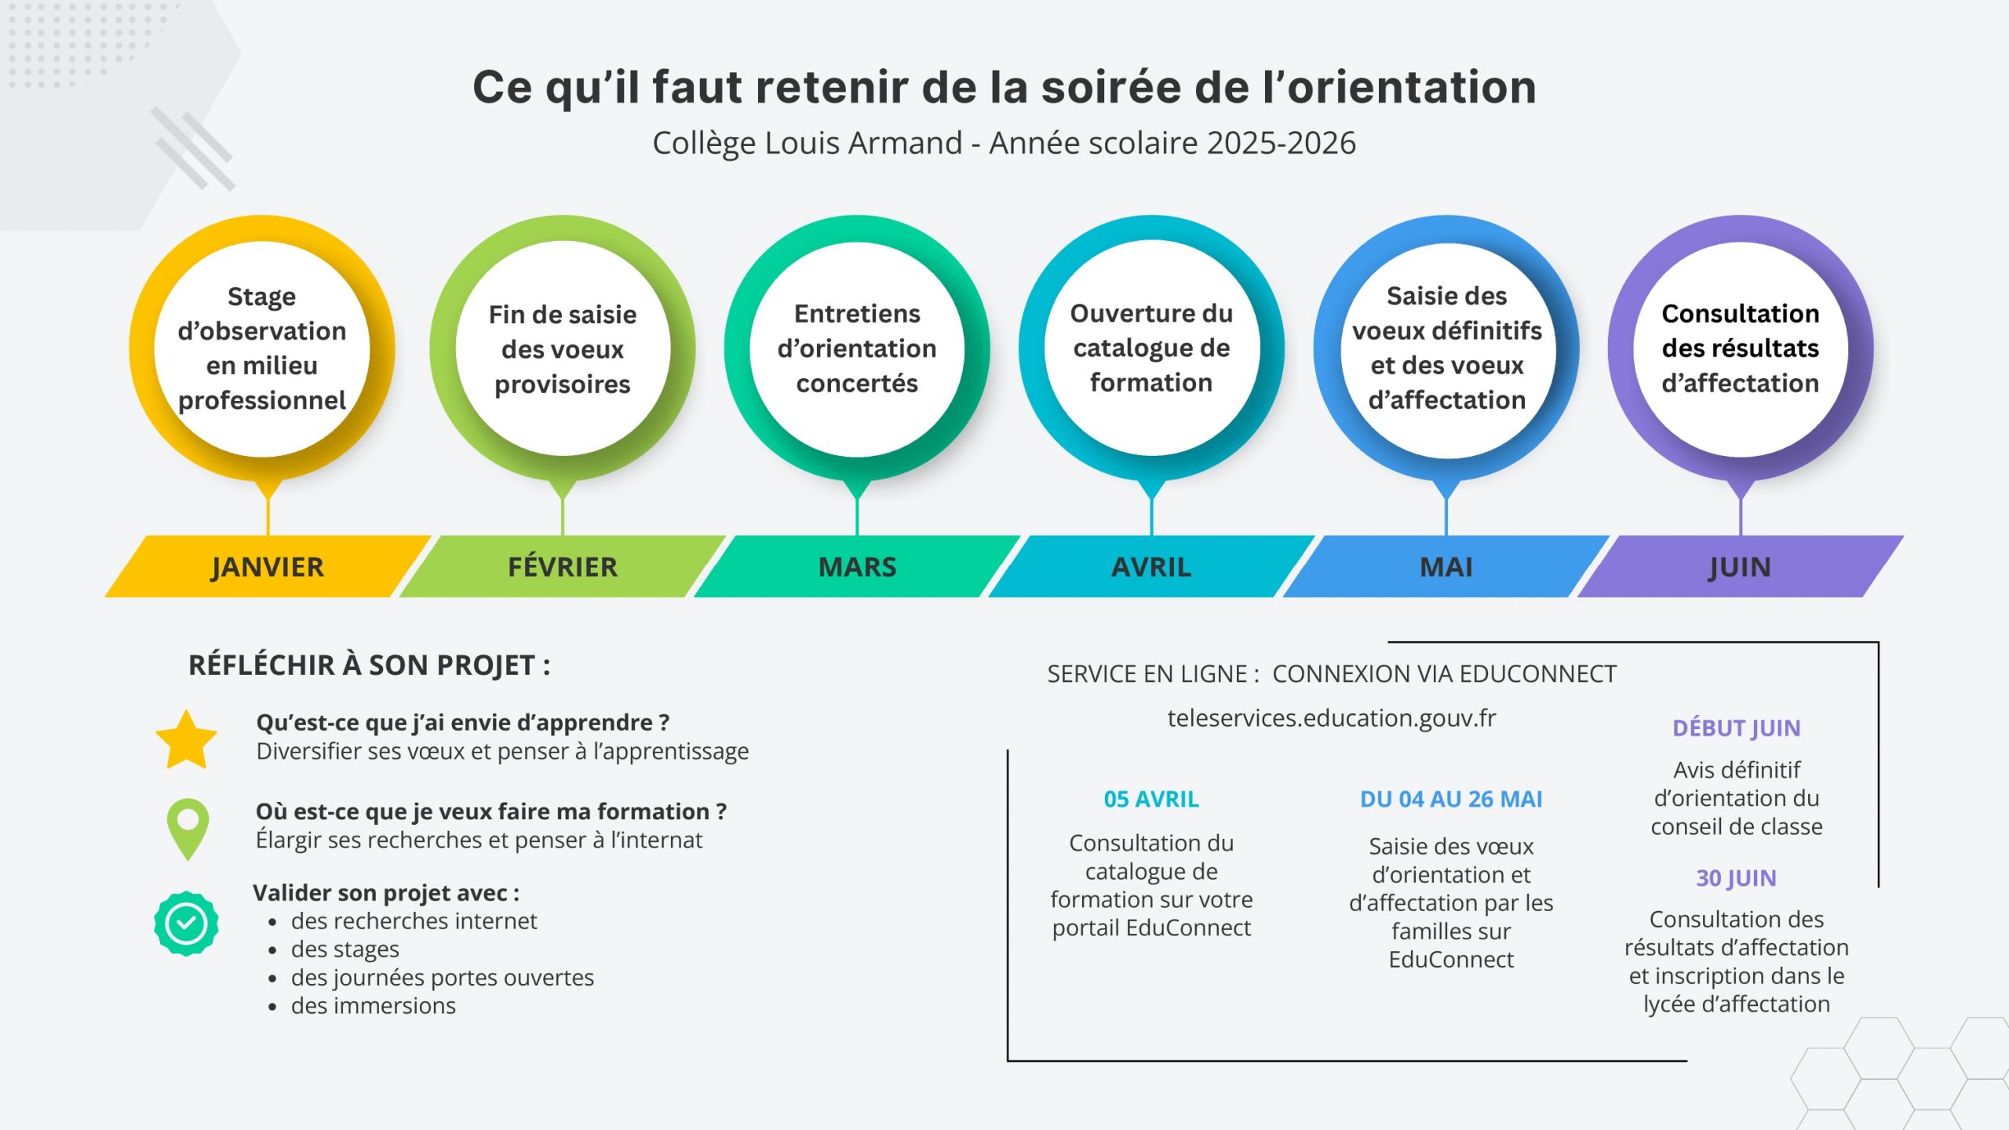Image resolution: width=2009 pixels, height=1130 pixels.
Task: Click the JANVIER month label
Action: pos(267,567)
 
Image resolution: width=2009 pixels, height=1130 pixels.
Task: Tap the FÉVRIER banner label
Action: pos(562,567)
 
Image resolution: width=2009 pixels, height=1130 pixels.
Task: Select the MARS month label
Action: pos(857,567)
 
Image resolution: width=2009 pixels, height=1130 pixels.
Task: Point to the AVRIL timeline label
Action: pos(1151,567)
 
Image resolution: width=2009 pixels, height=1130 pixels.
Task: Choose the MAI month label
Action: pos(1446,567)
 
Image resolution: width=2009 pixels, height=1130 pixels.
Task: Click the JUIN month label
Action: pos(1740,567)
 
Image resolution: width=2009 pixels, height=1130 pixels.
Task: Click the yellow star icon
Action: pos(186,739)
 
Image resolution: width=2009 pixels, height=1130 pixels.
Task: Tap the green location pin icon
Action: pos(188,827)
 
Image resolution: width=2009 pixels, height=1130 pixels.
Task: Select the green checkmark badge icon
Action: pos(186,923)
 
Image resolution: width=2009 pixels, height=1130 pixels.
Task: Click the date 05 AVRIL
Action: pos(1151,799)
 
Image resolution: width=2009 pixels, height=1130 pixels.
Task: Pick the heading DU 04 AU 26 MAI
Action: pos(1451,799)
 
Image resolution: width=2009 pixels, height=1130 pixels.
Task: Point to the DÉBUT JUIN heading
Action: pos(1736,728)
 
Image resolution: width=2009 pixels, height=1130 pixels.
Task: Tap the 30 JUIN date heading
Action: pos(1736,877)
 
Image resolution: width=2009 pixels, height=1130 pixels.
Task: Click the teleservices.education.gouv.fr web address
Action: pos(1331,718)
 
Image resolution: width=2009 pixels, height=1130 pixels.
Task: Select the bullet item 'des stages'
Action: pos(345,950)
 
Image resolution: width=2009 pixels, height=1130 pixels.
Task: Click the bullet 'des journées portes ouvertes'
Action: pos(442,978)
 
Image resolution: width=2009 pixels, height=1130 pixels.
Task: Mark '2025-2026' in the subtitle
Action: pos(1281,143)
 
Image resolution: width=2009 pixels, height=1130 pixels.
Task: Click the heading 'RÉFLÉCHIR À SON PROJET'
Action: pos(369,665)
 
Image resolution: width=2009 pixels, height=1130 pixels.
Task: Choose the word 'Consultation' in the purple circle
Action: pos(1740,313)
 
